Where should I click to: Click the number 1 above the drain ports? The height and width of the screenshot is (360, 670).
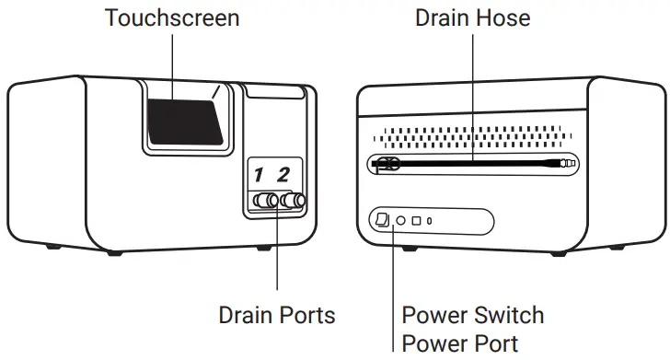pyautogui.click(x=260, y=174)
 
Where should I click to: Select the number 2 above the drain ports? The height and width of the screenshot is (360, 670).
pyautogui.click(x=284, y=174)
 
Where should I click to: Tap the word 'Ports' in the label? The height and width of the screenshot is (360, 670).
pyautogui.click(x=308, y=315)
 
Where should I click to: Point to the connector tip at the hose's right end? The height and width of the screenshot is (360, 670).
pyautogui.click(x=567, y=163)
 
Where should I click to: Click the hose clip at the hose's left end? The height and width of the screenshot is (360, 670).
pyautogui.click(x=385, y=165)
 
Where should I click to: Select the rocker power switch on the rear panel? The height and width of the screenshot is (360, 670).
pyautogui.click(x=384, y=220)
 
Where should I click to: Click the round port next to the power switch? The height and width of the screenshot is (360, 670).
pyautogui.click(x=400, y=221)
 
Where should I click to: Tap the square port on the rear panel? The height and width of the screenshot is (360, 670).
pyautogui.click(x=416, y=221)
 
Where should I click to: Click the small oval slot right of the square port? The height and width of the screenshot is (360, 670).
pyautogui.click(x=430, y=221)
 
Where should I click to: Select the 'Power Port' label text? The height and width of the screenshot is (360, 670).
pyautogui.click(x=460, y=343)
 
